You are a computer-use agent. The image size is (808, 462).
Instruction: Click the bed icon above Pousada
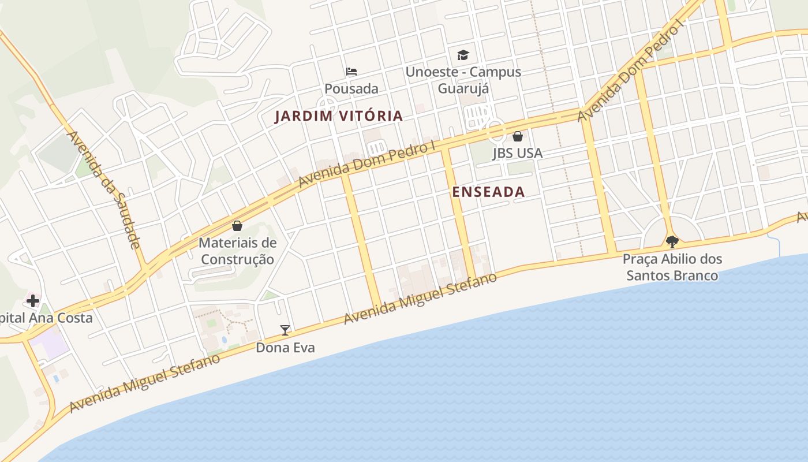[351, 72]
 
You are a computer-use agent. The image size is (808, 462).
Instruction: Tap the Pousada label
[351, 89]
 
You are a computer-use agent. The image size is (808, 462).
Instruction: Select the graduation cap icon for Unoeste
[463, 55]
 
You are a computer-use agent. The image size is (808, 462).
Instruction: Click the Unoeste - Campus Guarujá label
[463, 80]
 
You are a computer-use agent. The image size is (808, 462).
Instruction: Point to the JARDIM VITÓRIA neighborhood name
[339, 116]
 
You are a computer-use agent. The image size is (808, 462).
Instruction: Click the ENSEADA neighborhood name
[488, 192]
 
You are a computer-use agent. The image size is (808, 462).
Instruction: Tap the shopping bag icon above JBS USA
[518, 136]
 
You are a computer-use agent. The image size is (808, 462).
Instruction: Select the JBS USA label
[518, 154]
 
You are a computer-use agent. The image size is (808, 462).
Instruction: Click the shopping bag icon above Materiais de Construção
[237, 226]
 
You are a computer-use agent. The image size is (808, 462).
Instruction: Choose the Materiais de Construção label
[237, 251]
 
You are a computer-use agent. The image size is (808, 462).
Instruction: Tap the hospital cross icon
[33, 300]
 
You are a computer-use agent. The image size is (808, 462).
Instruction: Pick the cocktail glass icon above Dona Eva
[285, 330]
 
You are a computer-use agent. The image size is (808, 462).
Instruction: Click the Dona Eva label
[285, 348]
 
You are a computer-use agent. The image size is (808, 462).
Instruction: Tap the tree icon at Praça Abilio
[672, 241]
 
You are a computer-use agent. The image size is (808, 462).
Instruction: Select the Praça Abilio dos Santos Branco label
[672, 267]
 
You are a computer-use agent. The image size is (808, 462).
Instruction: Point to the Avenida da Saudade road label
[104, 190]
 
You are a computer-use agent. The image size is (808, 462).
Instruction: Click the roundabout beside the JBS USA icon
[495, 130]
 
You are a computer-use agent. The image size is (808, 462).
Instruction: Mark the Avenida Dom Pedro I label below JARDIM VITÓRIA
[366, 165]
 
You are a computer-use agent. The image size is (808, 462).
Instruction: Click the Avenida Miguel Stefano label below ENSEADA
[420, 299]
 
